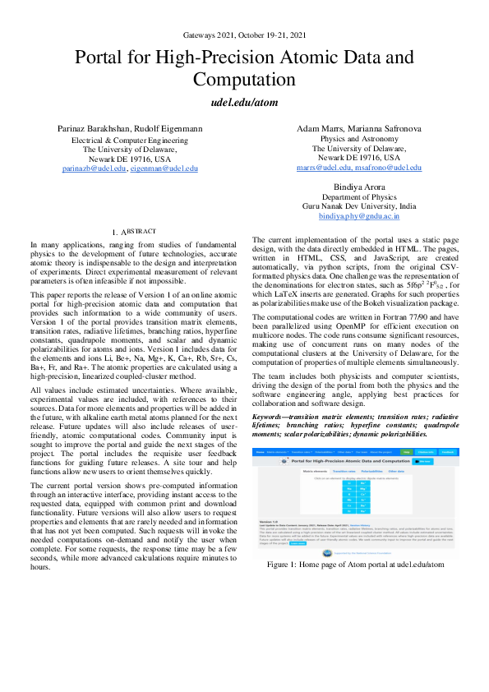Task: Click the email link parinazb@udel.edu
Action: [x=95, y=168]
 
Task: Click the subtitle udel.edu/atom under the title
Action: [x=244, y=106]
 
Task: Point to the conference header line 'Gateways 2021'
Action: [x=244, y=35]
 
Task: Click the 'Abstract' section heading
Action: [x=132, y=233]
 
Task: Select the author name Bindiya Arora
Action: [x=358, y=187]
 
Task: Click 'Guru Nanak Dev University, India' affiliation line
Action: [x=358, y=206]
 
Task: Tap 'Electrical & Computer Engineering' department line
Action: [x=131, y=141]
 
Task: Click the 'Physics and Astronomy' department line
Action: [x=358, y=138]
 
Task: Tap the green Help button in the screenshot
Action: [x=429, y=452]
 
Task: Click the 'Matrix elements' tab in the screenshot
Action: [x=293, y=471]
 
